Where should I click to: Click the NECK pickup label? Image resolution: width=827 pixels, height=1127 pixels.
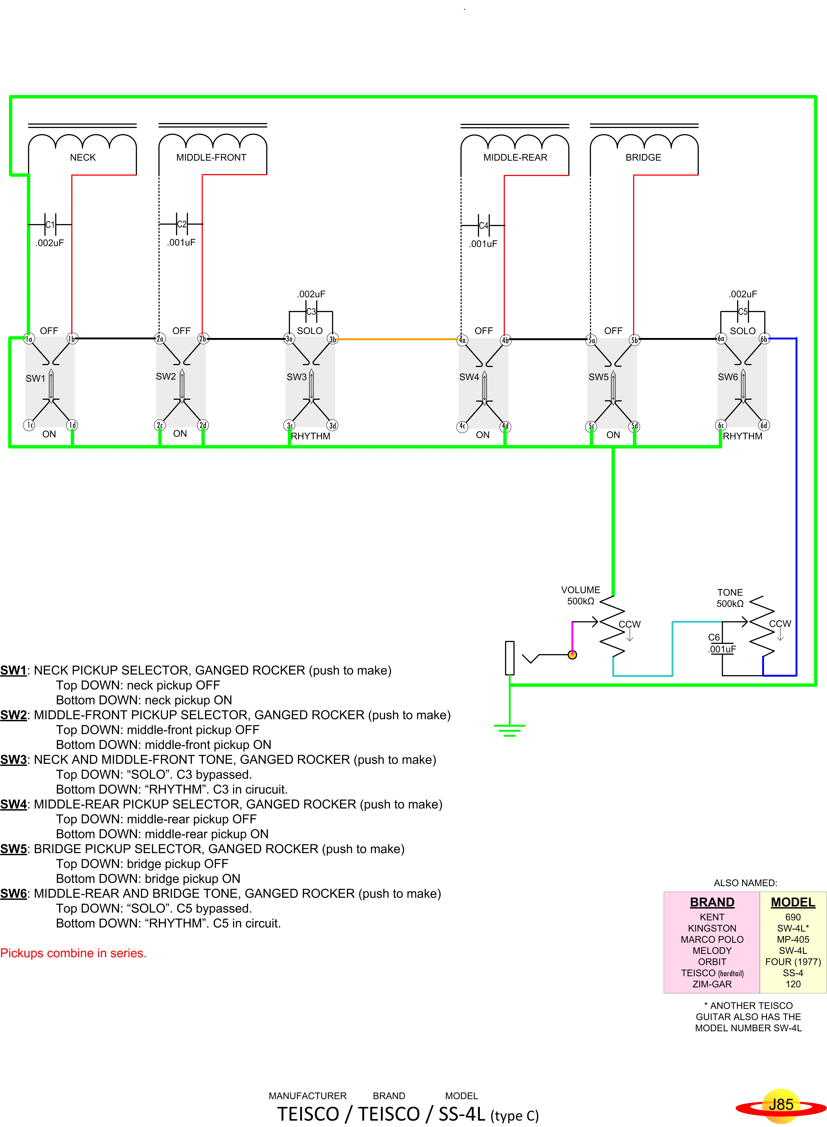click(x=83, y=157)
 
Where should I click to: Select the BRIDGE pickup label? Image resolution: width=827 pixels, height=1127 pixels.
click(x=643, y=157)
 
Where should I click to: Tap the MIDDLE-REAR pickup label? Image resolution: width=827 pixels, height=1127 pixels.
click(x=515, y=157)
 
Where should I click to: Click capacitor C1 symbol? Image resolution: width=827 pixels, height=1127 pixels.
click(x=50, y=224)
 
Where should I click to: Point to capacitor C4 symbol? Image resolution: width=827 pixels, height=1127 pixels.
click(x=483, y=225)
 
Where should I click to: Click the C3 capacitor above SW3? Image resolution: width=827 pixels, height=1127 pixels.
click(x=311, y=311)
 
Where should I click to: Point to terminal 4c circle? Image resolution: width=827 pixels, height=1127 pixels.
click(x=462, y=426)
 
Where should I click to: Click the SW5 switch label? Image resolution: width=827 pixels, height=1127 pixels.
click(x=598, y=377)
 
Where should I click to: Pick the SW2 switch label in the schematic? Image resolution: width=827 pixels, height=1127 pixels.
click(x=166, y=376)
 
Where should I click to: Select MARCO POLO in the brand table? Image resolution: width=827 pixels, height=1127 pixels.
click(x=712, y=939)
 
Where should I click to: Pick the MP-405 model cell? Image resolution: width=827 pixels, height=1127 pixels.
click(x=793, y=939)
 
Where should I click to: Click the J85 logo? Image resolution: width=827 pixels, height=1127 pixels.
click(x=781, y=1105)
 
